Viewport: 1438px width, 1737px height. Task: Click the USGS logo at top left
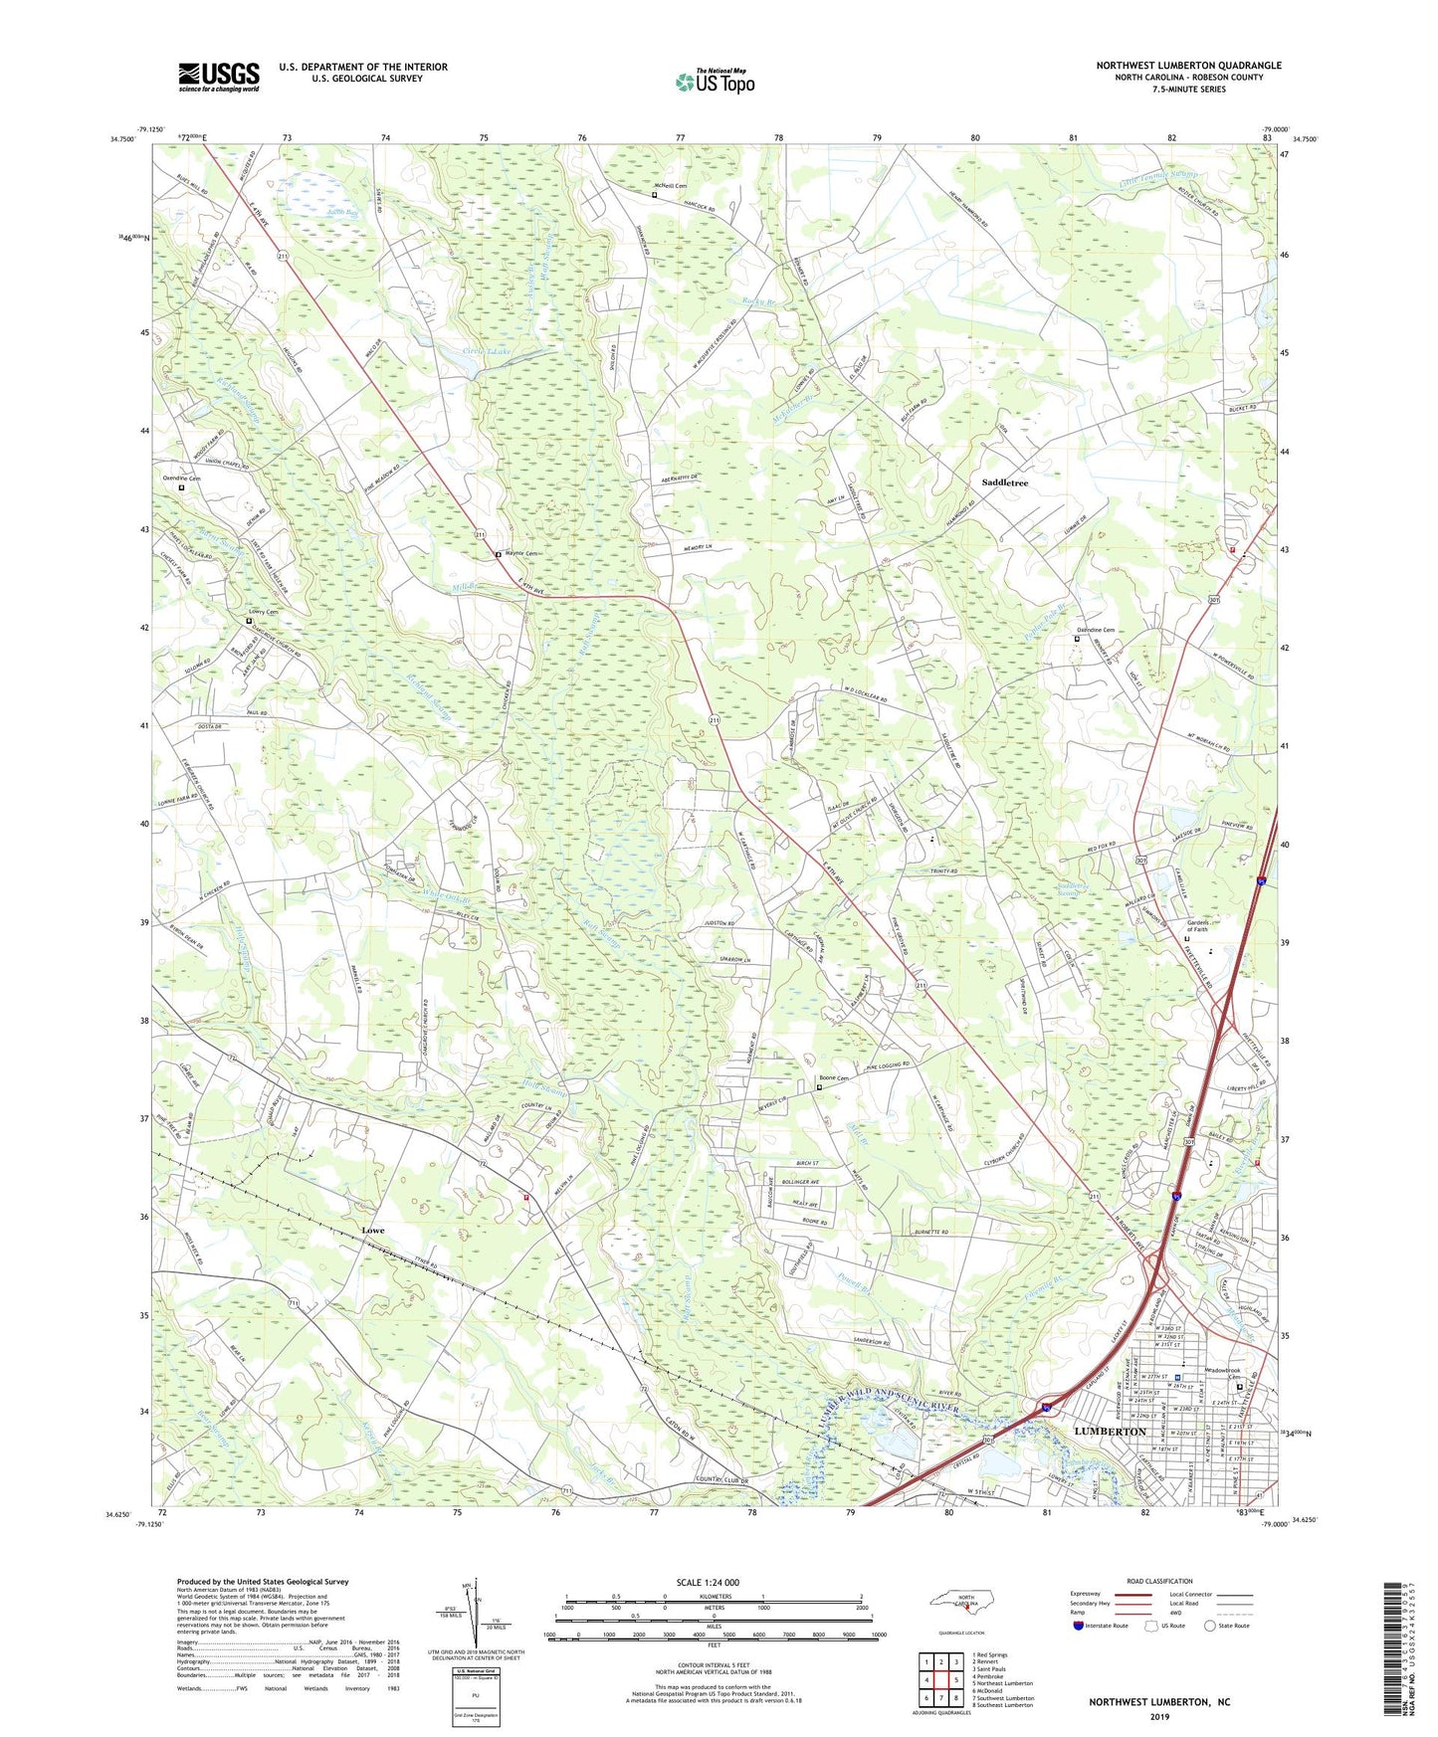click(x=218, y=77)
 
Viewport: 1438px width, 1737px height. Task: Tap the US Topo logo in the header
click(x=714, y=82)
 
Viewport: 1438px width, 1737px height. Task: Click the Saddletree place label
click(x=1004, y=482)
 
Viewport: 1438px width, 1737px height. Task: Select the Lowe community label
click(x=372, y=1231)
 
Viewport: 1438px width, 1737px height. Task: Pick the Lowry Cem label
click(x=263, y=612)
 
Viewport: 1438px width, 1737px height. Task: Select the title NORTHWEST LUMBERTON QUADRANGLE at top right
click(x=1188, y=66)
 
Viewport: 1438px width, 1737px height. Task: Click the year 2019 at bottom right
click(x=1159, y=1717)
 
